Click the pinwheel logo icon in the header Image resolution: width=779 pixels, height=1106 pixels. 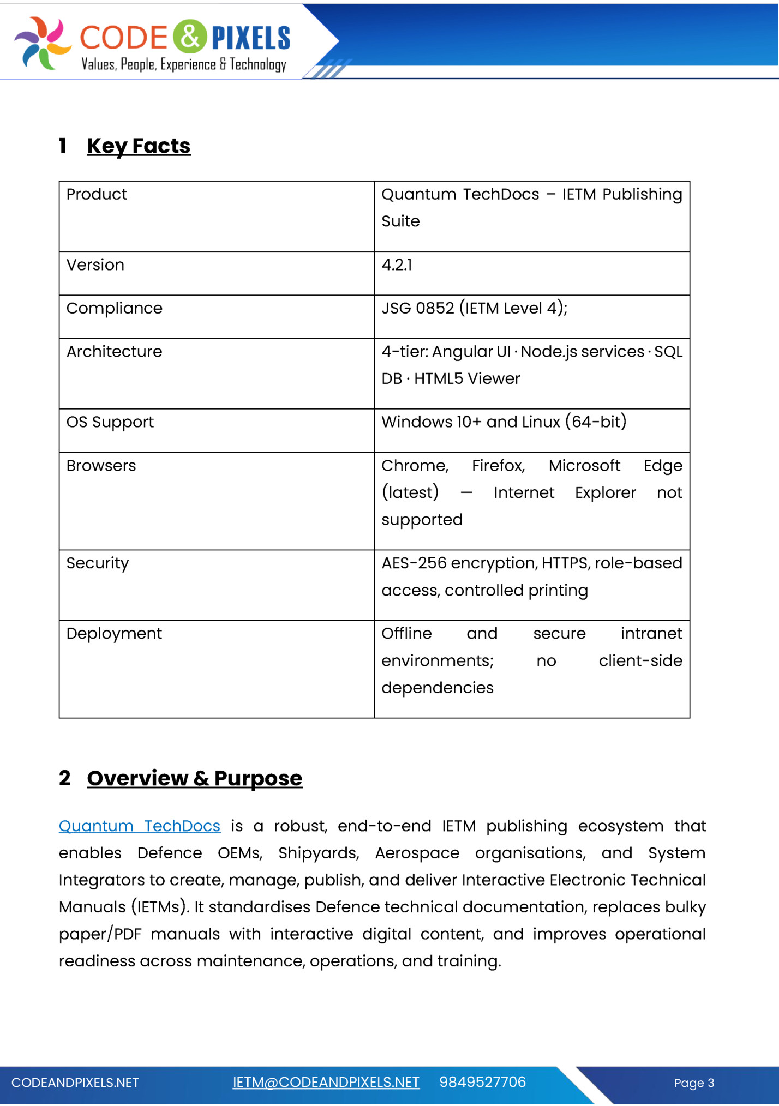pyautogui.click(x=43, y=43)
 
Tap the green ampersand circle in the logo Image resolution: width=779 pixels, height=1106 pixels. pyautogui.click(x=190, y=37)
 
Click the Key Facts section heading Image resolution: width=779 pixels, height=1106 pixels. pyautogui.click(x=139, y=146)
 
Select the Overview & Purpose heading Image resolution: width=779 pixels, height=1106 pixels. pyautogui.click(x=194, y=778)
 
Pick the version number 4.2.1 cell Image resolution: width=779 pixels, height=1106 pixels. pyautogui.click(x=397, y=265)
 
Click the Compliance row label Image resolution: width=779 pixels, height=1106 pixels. pyautogui.click(x=115, y=308)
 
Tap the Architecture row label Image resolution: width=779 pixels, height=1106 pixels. pyautogui.click(x=115, y=352)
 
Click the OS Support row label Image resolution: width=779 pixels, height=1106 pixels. pyautogui.click(x=110, y=422)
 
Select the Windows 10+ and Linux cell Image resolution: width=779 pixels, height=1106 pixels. pyautogui.click(x=504, y=422)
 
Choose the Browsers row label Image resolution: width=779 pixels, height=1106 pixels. pyautogui.click(x=101, y=466)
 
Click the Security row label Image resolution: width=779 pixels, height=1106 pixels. pyautogui.click(x=98, y=563)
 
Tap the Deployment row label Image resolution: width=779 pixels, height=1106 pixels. pyautogui.click(x=115, y=634)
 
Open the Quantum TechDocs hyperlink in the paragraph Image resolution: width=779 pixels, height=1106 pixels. pyautogui.click(x=140, y=826)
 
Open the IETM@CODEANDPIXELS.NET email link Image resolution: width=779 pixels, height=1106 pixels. pyautogui.click(x=326, y=1083)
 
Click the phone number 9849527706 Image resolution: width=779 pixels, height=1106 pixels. pyautogui.click(x=482, y=1083)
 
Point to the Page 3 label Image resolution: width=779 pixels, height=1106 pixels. pyautogui.click(x=694, y=1083)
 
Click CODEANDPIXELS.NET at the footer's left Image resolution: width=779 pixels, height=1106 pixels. pyautogui.click(x=75, y=1083)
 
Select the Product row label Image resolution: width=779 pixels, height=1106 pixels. pyautogui.click(x=97, y=194)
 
